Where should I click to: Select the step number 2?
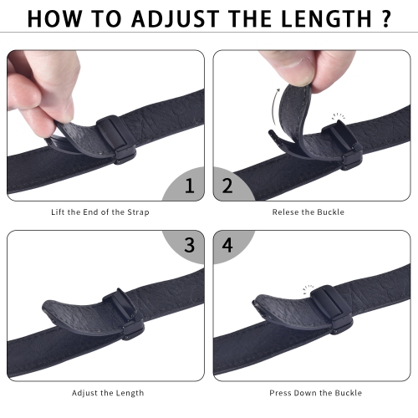[x=227, y=185]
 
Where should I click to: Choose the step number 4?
[x=227, y=245]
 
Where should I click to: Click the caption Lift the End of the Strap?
[x=104, y=212]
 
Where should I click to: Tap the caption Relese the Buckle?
[x=308, y=212]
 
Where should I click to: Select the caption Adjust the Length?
[x=104, y=393]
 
